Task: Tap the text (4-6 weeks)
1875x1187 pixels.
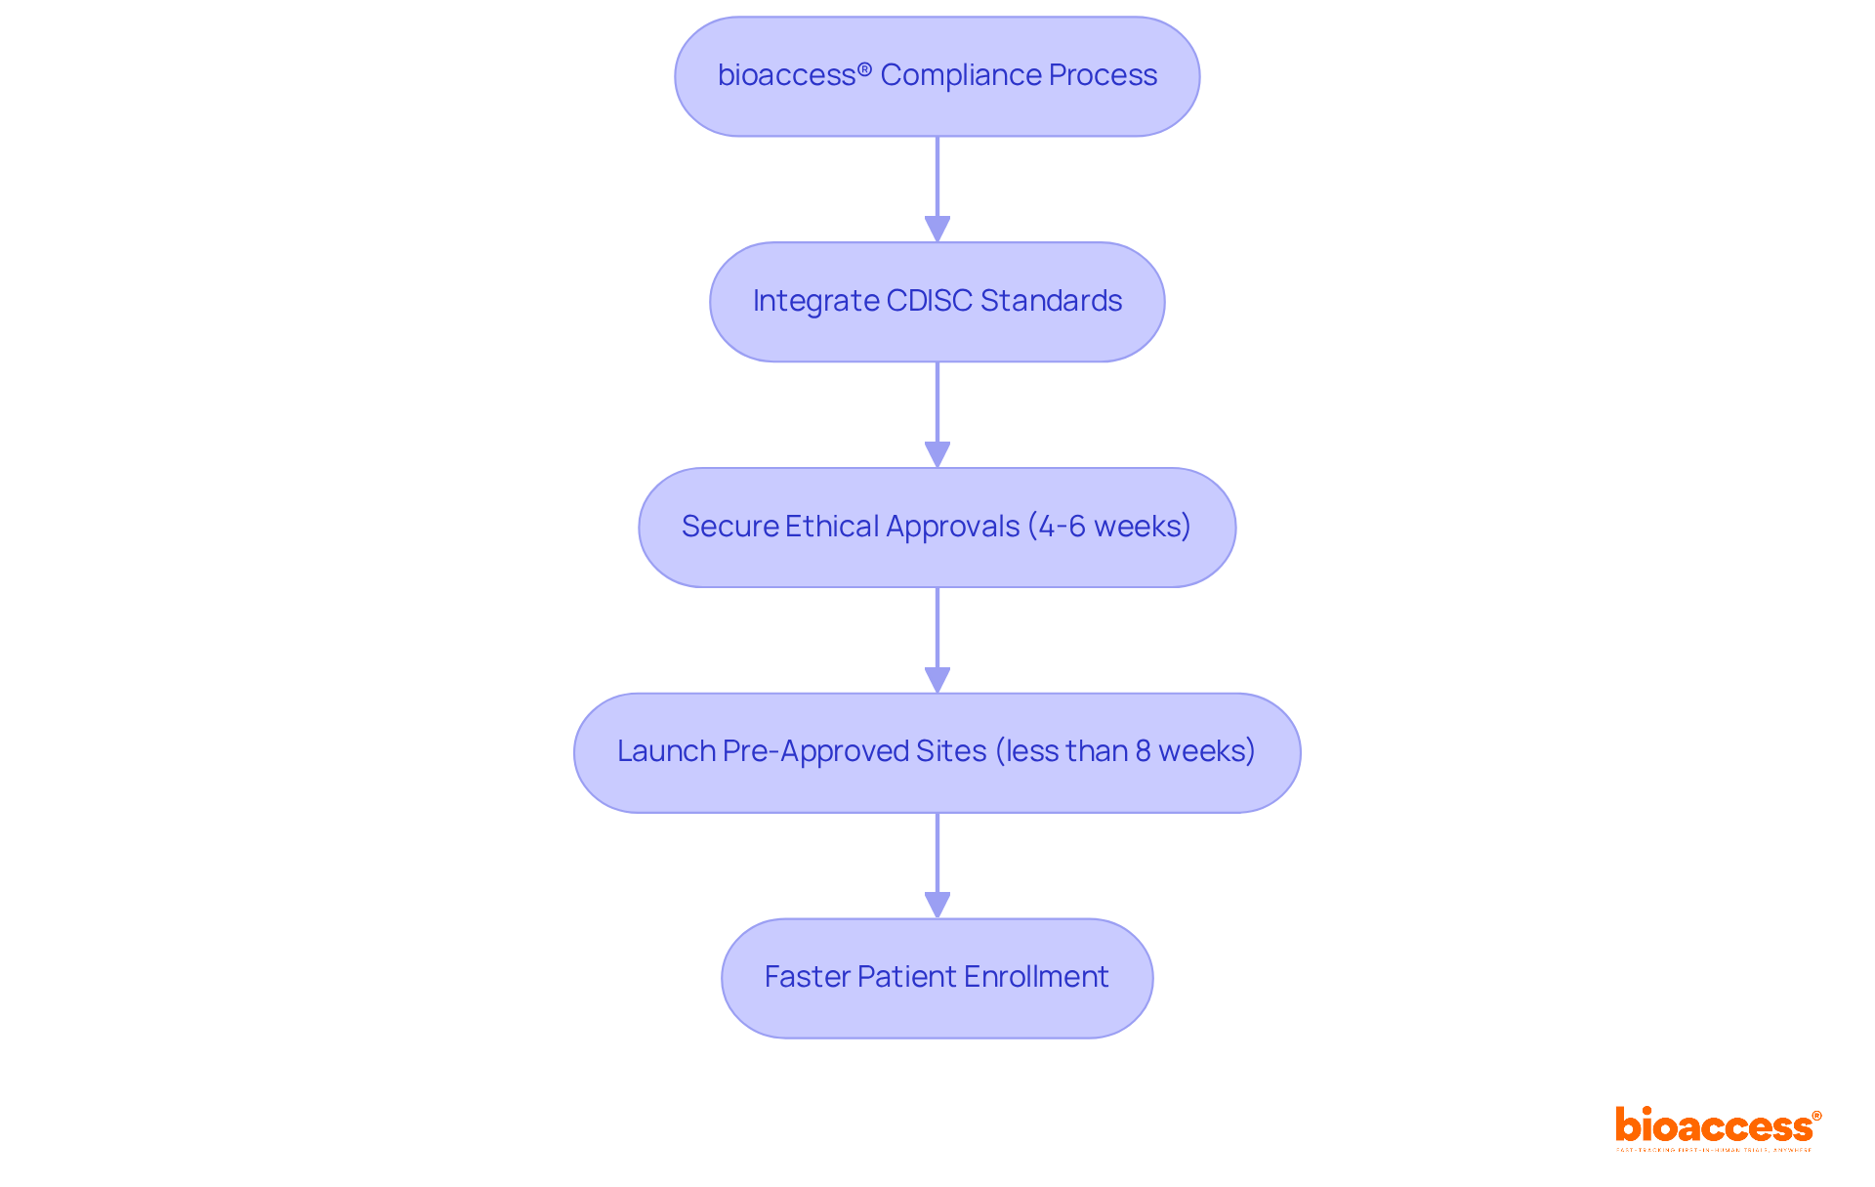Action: [x=1109, y=527]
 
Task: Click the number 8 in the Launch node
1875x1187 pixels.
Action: [x=1143, y=751]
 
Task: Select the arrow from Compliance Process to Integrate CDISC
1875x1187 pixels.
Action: [x=937, y=189]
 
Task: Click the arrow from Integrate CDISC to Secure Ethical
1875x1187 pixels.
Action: [x=937, y=414]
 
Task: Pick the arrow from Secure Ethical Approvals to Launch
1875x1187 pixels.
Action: [x=937, y=640]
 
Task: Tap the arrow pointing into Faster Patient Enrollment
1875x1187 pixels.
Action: [x=937, y=866]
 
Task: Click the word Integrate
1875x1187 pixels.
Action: [x=815, y=301]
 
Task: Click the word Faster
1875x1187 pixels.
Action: [x=807, y=977]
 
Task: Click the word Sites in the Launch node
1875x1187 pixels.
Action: [x=951, y=751]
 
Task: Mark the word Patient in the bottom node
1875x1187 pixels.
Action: [x=905, y=977]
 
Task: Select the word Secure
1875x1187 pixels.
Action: [x=729, y=527]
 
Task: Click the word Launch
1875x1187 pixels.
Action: [x=666, y=751]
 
